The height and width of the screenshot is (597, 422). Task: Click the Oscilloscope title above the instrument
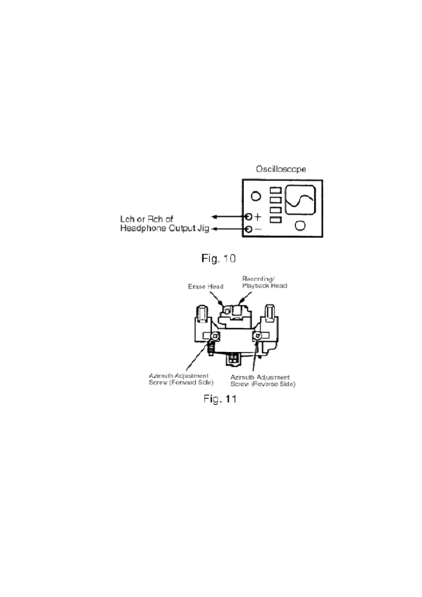pyautogui.click(x=281, y=169)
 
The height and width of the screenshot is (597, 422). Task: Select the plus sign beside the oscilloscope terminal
pyautogui.click(x=258, y=216)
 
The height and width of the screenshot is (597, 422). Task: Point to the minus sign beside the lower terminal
pyautogui.click(x=258, y=229)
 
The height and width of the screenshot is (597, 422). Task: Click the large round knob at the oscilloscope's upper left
pyautogui.click(x=256, y=196)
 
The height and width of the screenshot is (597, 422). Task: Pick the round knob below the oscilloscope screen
pyautogui.click(x=300, y=225)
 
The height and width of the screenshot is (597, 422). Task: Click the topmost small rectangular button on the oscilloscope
pyautogui.click(x=276, y=191)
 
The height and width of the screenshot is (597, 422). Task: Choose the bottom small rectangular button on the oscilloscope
pyautogui.click(x=276, y=220)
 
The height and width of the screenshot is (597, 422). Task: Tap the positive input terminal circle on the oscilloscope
pyautogui.click(x=249, y=216)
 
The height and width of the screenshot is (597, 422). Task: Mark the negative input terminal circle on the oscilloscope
pyautogui.click(x=249, y=229)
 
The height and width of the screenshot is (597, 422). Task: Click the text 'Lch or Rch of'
pyautogui.click(x=147, y=219)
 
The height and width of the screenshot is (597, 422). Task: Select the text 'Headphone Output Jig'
pyautogui.click(x=165, y=228)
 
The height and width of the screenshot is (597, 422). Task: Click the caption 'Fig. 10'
pyautogui.click(x=218, y=258)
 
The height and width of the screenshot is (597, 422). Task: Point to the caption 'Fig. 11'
pyautogui.click(x=220, y=399)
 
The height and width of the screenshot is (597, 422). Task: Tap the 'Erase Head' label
pyautogui.click(x=206, y=286)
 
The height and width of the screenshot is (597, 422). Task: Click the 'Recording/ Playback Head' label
pyautogui.click(x=265, y=282)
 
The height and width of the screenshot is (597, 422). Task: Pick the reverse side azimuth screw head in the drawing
pyautogui.click(x=257, y=335)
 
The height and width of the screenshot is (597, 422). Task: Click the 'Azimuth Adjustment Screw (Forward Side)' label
pyautogui.click(x=181, y=379)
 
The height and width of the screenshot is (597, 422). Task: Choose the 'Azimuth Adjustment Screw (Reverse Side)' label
pyautogui.click(x=262, y=381)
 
